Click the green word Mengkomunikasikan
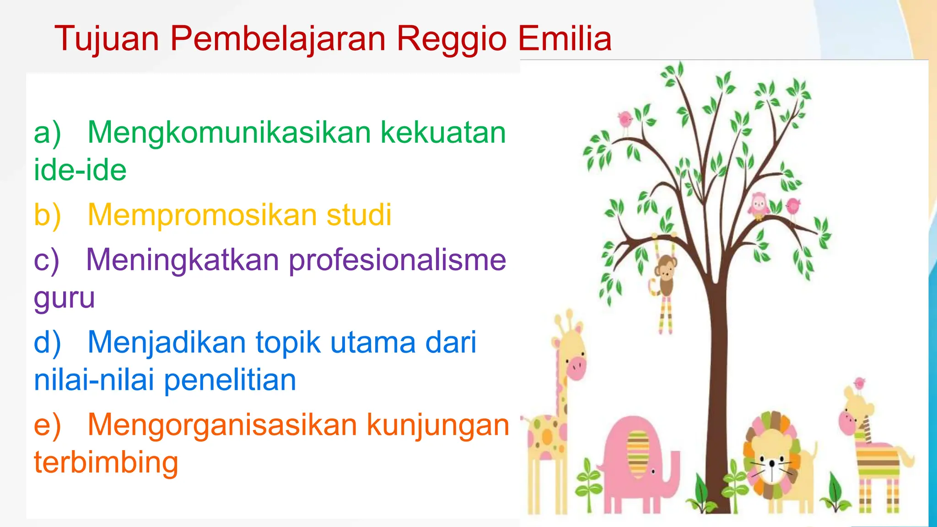coord(229,133)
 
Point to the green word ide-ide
coord(80,170)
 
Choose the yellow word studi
coord(359,215)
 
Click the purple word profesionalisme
coord(397,260)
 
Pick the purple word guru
coord(64,298)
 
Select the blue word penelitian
coord(230,380)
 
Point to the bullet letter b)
coord(47,215)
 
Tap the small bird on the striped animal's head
coord(859,383)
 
